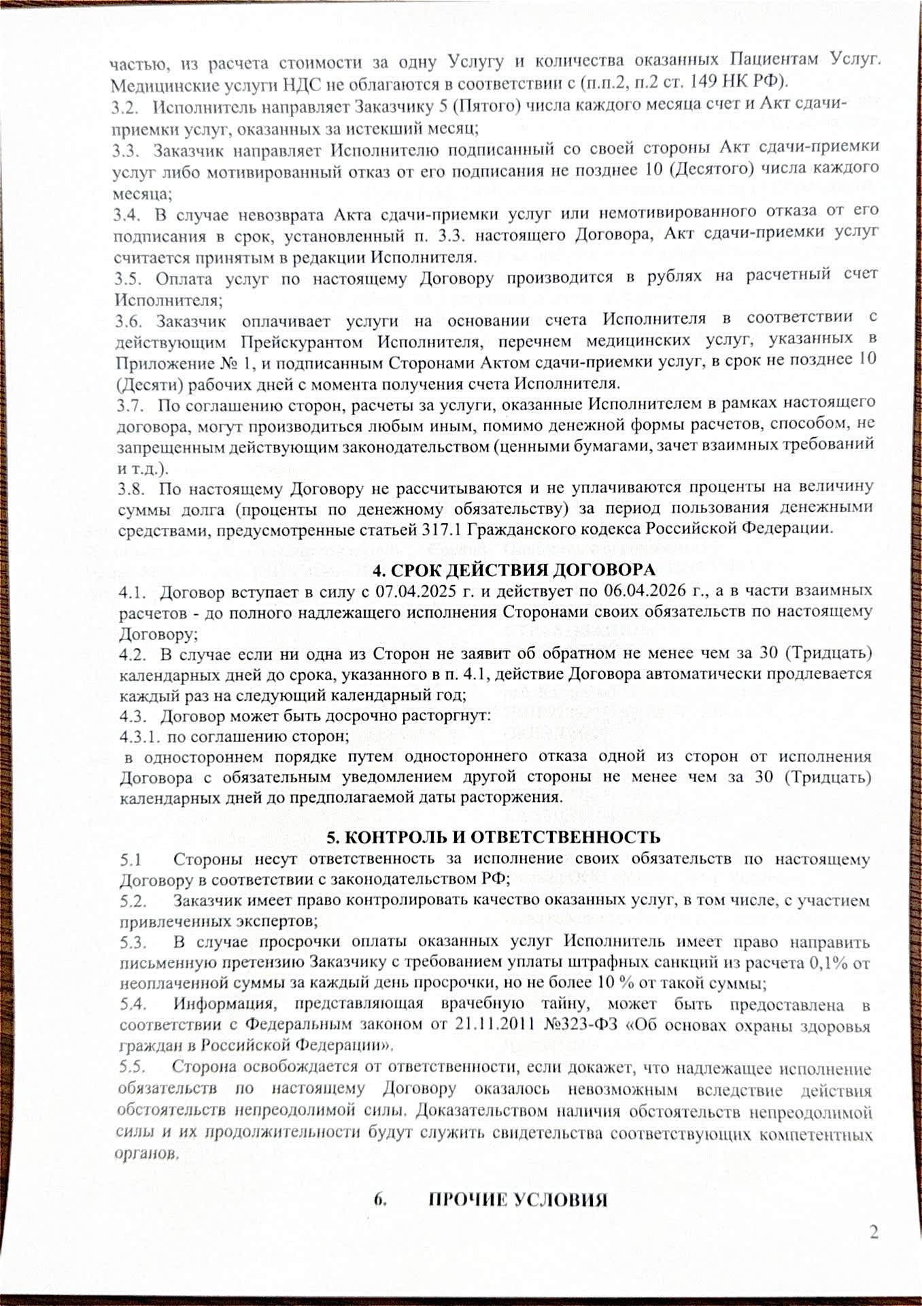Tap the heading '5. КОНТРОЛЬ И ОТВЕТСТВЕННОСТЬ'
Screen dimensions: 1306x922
[494, 836]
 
